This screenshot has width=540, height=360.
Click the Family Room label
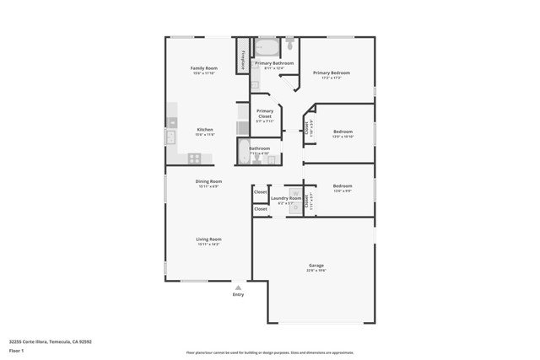tap(203, 68)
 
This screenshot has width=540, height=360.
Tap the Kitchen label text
tap(205, 130)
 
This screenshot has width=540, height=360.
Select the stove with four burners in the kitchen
tap(195, 158)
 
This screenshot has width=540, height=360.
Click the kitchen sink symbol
tap(170, 137)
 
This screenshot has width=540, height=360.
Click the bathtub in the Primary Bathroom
tap(267, 47)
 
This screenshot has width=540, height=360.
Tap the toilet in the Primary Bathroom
tap(289, 43)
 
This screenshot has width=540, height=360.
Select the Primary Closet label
tap(265, 114)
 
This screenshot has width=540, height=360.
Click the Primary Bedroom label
tap(332, 73)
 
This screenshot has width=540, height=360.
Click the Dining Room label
tap(208, 181)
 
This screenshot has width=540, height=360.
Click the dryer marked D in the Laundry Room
tap(295, 207)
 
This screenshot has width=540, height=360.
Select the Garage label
tap(316, 266)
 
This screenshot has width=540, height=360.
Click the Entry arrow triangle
tap(238, 287)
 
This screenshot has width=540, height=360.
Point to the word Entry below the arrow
tap(238, 294)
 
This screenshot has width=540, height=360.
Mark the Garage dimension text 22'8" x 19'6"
tap(316, 271)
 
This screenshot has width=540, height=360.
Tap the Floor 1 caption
tap(17, 350)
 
